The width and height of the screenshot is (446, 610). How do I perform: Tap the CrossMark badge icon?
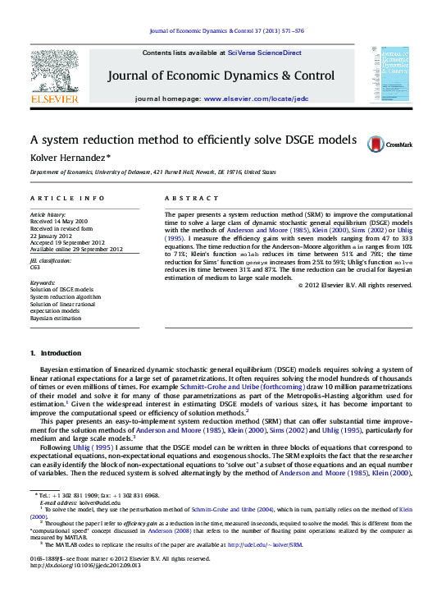point(376,144)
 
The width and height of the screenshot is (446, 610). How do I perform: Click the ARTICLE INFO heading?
point(67,200)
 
